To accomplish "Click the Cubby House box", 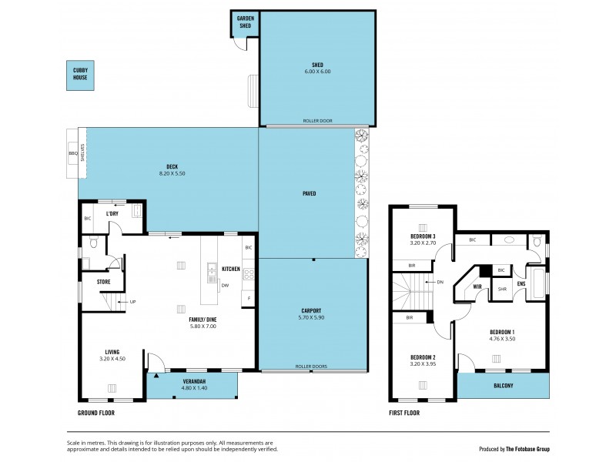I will coord(79,75).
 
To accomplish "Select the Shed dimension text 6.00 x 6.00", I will coord(316,72).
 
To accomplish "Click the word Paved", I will coord(309,193).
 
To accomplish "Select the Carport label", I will coord(311,311).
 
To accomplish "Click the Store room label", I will coord(103,281).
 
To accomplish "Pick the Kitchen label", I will coord(231,269).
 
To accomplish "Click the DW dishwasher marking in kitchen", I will coord(225,286).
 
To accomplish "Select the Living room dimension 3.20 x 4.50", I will coord(112,358).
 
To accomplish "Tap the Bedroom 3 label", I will coord(423,236).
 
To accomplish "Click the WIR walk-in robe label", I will coord(477,286).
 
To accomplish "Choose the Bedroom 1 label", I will coord(503,332).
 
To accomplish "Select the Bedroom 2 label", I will coord(423,357).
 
